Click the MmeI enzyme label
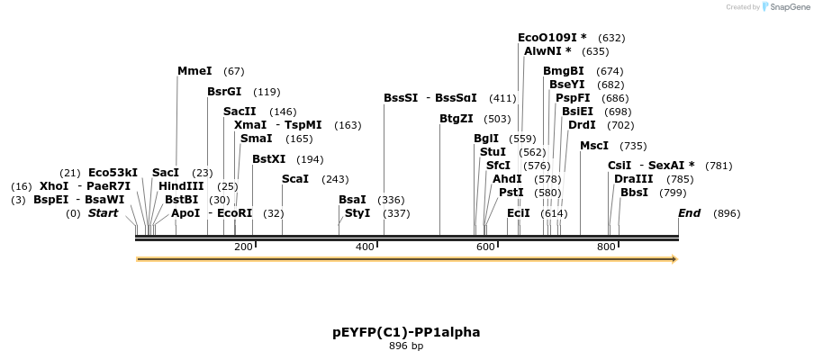coord(194,71)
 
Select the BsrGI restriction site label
coord(224,92)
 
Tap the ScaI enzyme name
coord(295,179)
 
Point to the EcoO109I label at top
coord(552,38)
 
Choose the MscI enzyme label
coord(594,146)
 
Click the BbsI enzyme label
coord(634,193)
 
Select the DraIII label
coord(633,179)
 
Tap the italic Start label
coord(103,213)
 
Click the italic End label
coord(689,213)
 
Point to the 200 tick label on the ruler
coord(243,247)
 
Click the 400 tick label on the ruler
coord(365,247)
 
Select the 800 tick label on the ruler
coord(606,247)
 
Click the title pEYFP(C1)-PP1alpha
coord(406,332)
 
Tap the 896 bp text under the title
coord(406,346)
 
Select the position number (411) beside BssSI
coord(502,98)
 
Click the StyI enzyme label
coord(357,213)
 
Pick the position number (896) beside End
coord(727,213)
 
